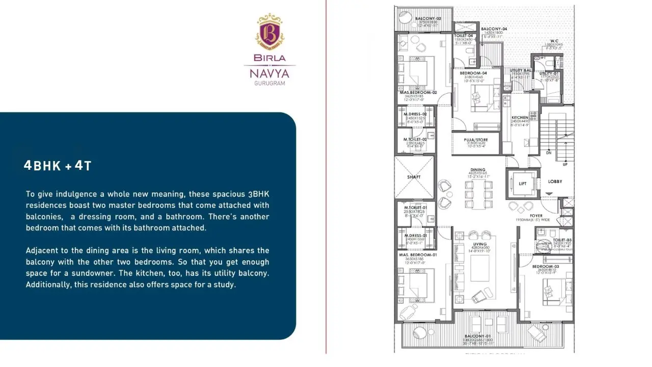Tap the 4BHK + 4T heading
(58, 166)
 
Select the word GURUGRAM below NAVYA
(269, 83)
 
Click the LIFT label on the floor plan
(523, 183)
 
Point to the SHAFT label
(414, 177)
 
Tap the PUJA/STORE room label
(476, 140)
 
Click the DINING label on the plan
(478, 170)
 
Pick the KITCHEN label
(520, 118)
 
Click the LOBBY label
(555, 181)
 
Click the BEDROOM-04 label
(474, 73)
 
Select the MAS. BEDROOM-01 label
(418, 254)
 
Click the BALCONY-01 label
(474, 336)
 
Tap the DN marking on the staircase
(549, 152)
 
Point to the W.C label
(555, 41)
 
